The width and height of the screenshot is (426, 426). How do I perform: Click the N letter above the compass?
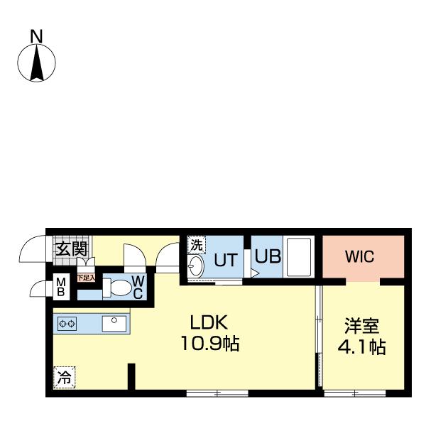[36, 37]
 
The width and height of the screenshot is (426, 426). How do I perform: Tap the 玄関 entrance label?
[72, 249]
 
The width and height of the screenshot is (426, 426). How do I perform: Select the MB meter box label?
[61, 287]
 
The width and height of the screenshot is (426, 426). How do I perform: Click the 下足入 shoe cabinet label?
[86, 278]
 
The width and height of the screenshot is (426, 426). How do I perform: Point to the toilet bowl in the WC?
[118, 288]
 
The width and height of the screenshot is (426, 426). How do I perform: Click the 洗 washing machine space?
[197, 245]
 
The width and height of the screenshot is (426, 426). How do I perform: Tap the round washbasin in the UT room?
[196, 266]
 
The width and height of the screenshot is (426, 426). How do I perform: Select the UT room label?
[226, 260]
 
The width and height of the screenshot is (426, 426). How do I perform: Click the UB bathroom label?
[268, 256]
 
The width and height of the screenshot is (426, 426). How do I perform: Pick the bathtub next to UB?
[299, 257]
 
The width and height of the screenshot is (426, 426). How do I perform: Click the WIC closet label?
[359, 256]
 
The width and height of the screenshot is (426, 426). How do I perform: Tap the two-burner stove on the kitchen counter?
[67, 324]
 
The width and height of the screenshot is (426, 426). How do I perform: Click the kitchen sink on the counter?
[114, 324]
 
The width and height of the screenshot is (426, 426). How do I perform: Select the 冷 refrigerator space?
[65, 378]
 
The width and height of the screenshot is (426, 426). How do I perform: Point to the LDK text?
[209, 322]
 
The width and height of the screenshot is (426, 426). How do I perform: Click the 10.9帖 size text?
[209, 344]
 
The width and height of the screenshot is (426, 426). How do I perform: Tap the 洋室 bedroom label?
[361, 325]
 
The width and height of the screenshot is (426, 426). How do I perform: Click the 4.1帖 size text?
[361, 346]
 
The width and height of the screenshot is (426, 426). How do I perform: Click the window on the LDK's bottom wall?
[217, 393]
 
